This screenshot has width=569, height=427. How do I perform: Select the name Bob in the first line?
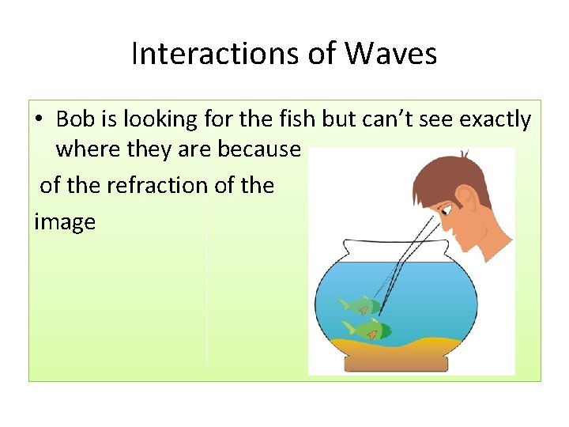tap(74, 119)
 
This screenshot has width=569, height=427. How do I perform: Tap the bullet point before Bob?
tap(39, 120)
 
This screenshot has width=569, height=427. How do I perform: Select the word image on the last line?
tap(65, 222)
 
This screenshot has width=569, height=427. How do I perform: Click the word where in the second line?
tap(86, 149)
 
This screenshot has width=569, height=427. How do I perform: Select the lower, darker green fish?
tap(367, 329)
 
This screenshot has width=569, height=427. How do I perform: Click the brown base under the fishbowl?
tap(396, 363)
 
